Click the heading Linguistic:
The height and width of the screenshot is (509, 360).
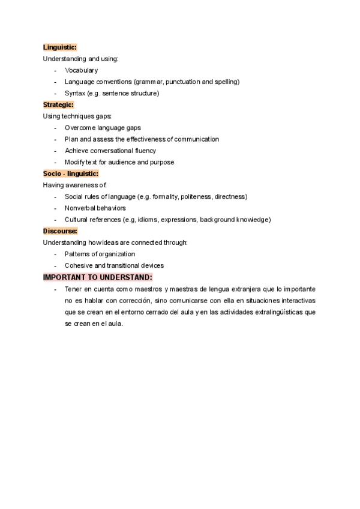click(60, 47)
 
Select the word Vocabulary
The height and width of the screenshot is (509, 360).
click(81, 70)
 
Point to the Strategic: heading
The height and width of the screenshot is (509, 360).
click(58, 104)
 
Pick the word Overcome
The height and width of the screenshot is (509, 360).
click(80, 128)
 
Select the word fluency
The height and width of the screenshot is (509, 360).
click(143, 151)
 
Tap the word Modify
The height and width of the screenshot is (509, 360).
click(75, 162)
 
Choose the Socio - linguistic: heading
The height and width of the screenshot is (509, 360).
click(68, 173)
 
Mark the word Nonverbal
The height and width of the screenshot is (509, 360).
click(80, 208)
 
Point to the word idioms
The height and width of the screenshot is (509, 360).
click(147, 220)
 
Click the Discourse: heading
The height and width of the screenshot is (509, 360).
click(60, 231)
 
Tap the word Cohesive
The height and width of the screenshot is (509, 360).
click(79, 266)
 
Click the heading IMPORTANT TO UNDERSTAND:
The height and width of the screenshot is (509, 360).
click(98, 277)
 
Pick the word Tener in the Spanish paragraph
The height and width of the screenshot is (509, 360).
click(73, 289)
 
